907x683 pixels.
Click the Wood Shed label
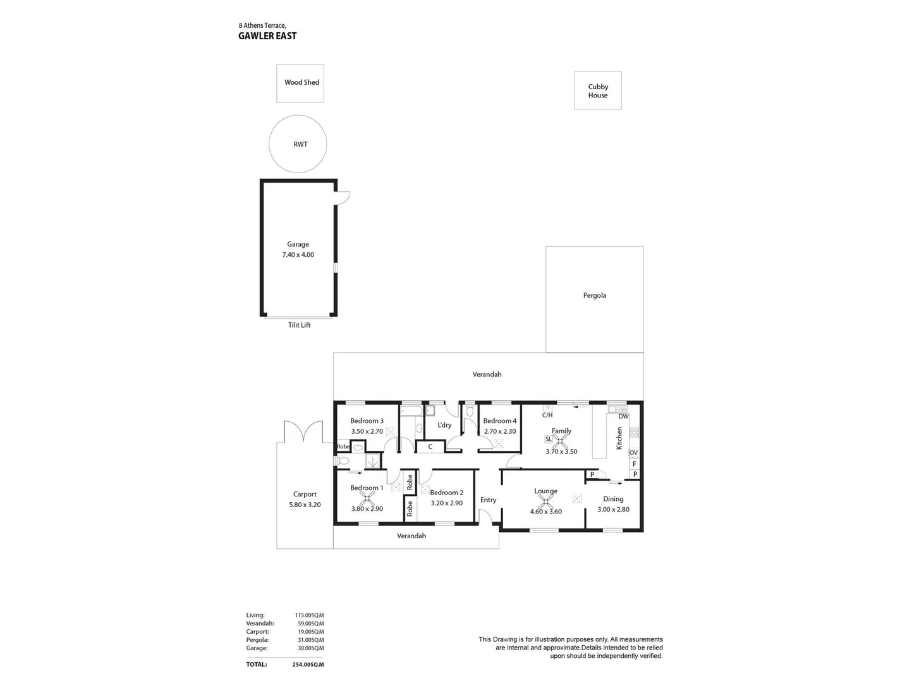pos(301,82)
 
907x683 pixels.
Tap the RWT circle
pos(298,144)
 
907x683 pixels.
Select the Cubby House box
pos(597,90)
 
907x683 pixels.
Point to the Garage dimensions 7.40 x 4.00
pos(298,255)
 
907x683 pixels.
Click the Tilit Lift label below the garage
pos(299,325)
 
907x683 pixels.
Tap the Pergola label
pos(594,295)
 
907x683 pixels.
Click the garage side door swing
pos(343,197)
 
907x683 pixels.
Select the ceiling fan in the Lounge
pos(545,502)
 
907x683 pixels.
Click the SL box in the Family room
pos(548,439)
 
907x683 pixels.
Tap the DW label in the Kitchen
pos(623,416)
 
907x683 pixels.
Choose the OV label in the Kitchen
pos(633,453)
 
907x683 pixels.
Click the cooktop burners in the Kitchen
pos(634,433)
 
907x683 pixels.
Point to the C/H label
pos(547,415)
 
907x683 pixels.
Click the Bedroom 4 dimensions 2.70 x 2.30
pos(500,431)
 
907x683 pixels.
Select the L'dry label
pos(444,425)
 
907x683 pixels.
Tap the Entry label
pos(488,500)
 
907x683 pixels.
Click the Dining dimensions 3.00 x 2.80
pos(613,509)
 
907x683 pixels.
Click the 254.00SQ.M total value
pos(308,665)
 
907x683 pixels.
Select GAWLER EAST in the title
pos(267,36)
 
